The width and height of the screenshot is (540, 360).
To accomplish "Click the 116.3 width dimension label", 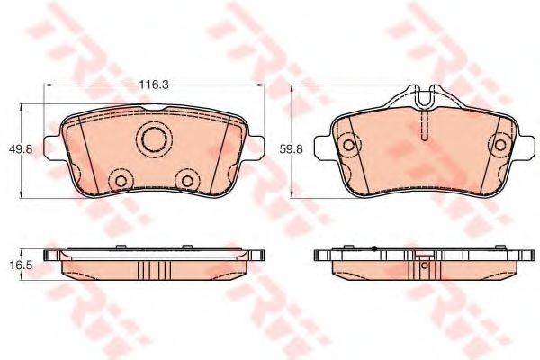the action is [x=154, y=85].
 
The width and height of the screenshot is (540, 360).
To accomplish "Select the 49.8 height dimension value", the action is [x=21, y=149].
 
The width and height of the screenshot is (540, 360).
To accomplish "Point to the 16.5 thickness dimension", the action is [x=21, y=265].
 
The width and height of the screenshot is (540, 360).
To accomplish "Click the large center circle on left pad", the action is [x=154, y=139].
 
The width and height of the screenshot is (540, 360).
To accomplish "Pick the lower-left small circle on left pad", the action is [x=121, y=181].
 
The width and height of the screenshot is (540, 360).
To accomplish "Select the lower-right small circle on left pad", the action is [x=188, y=181].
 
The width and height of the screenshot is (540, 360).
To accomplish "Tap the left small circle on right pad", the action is [x=348, y=145].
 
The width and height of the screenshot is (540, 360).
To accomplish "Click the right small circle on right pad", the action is [x=500, y=145].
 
